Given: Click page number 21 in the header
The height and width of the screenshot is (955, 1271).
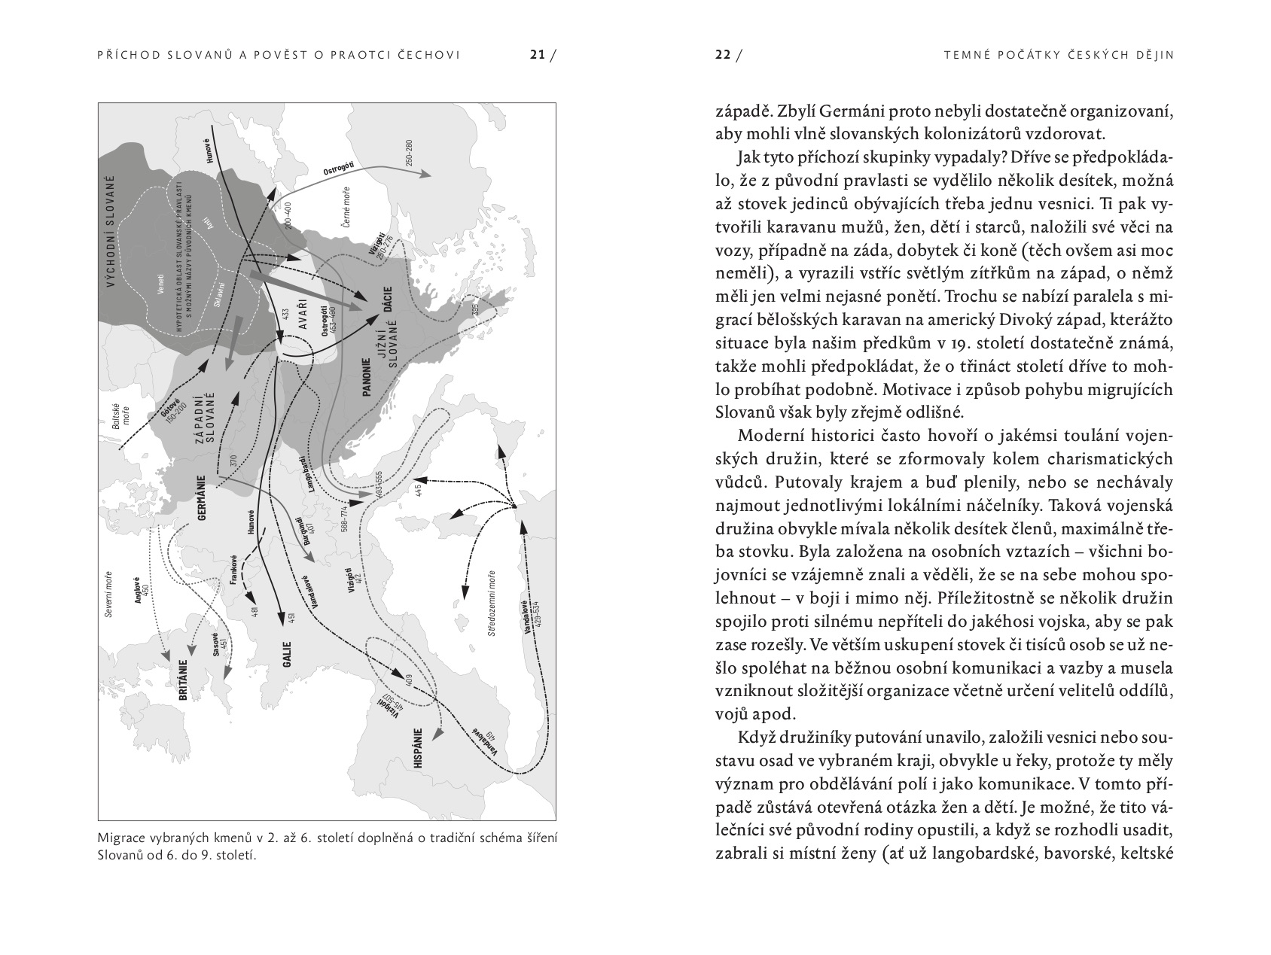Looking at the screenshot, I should point(536,54).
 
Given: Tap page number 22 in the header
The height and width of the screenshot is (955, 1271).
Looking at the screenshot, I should point(723,54).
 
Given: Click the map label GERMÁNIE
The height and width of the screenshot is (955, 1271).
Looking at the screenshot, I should point(201,497).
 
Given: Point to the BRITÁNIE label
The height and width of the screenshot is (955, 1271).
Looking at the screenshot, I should point(183,680).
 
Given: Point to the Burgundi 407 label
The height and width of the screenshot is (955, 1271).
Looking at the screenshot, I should point(303,531).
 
